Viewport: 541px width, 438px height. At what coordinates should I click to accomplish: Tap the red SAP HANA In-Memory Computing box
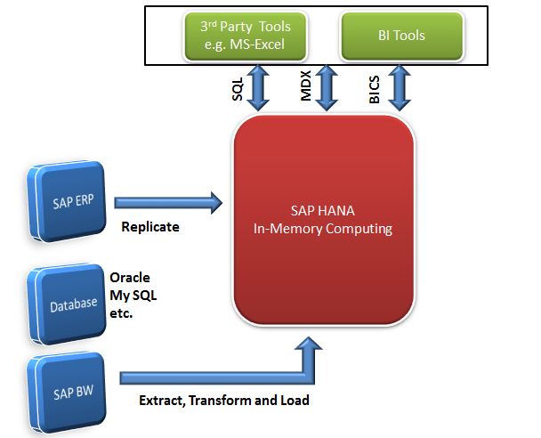[324, 221]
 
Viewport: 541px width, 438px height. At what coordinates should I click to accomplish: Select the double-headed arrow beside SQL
[259, 88]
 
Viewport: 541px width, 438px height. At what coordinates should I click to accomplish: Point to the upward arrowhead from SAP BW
[311, 349]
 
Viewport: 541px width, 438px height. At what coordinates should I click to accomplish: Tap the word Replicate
[149, 227]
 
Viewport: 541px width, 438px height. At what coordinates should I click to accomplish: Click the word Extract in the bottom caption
[161, 401]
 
